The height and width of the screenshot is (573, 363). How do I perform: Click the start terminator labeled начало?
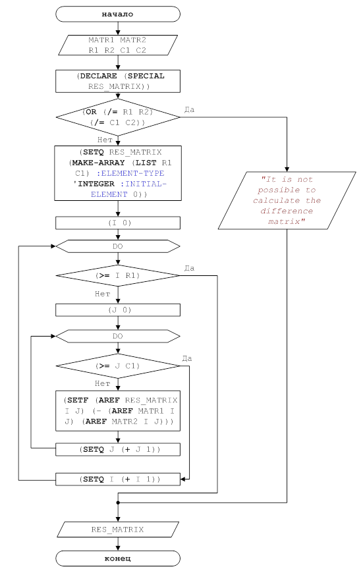(x=118, y=14)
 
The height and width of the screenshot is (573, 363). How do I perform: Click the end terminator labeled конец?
(x=118, y=559)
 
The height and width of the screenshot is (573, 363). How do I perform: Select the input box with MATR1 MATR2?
(x=118, y=45)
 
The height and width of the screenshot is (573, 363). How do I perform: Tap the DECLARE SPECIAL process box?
(x=118, y=81)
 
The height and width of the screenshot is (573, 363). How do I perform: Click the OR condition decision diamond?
(x=118, y=117)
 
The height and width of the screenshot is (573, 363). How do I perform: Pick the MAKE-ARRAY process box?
(x=118, y=173)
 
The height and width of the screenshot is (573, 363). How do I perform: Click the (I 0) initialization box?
(x=118, y=223)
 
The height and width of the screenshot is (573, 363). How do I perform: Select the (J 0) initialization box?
(x=118, y=310)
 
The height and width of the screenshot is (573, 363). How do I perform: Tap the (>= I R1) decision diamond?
(x=118, y=275)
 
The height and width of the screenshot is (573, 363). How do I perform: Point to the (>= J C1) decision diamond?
(x=118, y=366)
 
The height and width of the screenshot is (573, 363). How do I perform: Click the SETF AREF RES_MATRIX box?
(x=118, y=411)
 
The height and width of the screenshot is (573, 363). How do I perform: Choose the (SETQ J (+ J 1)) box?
(x=118, y=449)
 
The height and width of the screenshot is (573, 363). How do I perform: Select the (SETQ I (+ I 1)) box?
(x=118, y=479)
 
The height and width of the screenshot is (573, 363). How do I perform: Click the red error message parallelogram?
(x=287, y=201)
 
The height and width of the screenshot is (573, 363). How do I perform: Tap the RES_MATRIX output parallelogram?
(x=118, y=530)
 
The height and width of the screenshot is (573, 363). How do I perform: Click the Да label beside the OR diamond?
(x=189, y=109)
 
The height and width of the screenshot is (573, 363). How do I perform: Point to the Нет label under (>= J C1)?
(x=102, y=383)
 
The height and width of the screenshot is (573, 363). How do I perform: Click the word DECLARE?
(x=98, y=76)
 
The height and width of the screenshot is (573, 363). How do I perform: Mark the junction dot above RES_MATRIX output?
(x=118, y=503)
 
